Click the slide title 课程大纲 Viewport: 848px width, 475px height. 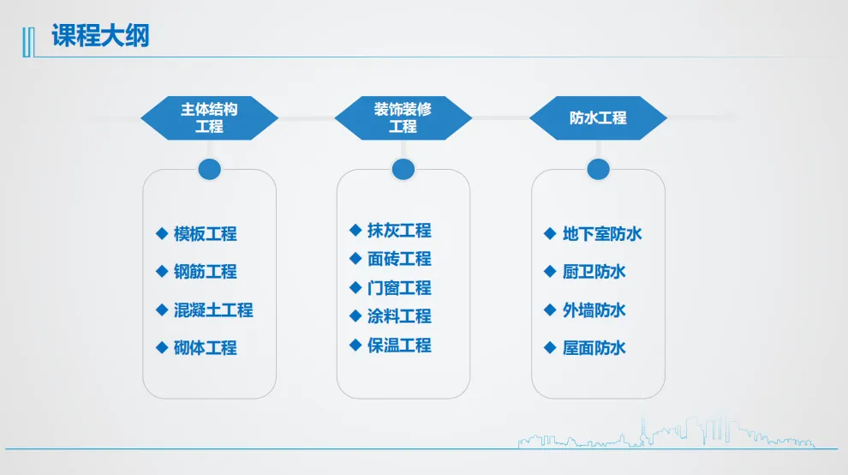click(x=100, y=36)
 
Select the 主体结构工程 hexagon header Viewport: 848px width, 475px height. click(x=209, y=118)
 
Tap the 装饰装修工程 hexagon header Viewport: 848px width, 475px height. click(x=403, y=118)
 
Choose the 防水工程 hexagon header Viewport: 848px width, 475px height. click(x=598, y=118)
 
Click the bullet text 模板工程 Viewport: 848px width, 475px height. click(x=205, y=234)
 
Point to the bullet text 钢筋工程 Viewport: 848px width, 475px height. click(x=205, y=272)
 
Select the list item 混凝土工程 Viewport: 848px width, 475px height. click(x=213, y=310)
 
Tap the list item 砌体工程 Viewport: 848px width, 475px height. click(x=205, y=348)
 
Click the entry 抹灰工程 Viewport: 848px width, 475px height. click(x=399, y=231)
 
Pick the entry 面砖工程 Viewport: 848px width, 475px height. click(x=399, y=259)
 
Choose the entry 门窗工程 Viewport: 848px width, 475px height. click(x=399, y=288)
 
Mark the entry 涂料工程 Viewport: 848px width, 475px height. click(x=399, y=316)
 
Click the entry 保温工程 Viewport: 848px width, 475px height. click(x=399, y=346)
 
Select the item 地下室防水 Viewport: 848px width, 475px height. click(x=602, y=234)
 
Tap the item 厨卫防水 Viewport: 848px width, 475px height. click(x=594, y=272)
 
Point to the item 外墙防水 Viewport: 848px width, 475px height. click(x=594, y=310)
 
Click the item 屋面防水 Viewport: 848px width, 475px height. click(x=594, y=348)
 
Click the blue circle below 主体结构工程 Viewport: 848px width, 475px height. click(x=209, y=169)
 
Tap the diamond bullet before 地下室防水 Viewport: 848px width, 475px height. click(x=550, y=233)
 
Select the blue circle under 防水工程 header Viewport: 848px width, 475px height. click(x=598, y=169)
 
